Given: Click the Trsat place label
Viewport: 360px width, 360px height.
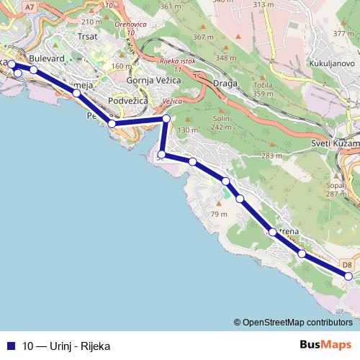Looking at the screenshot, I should point(86,35).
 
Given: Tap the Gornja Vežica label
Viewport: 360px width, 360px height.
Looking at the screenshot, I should point(150,81).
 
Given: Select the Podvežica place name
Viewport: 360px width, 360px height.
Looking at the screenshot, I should point(127,101).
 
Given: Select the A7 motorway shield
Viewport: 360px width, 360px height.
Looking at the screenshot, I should point(30,6).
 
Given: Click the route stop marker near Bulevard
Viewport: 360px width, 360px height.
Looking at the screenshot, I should point(33,70).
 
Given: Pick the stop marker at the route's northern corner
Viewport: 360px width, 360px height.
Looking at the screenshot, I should point(166,119).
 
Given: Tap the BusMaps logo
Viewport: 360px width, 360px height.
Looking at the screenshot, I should point(325,345).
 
